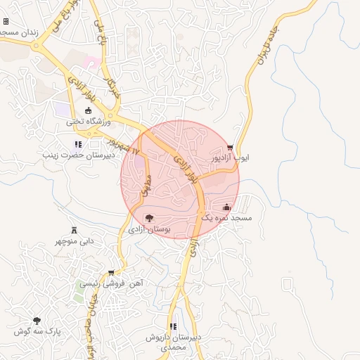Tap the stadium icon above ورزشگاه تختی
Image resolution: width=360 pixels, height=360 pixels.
coord(89,110)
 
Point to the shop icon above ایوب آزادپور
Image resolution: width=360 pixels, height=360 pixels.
coord(231,148)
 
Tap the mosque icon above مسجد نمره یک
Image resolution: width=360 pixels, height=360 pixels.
coord(226,207)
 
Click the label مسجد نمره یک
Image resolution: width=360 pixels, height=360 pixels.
coord(226,219)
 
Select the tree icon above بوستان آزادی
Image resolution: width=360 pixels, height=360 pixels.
coord(148,218)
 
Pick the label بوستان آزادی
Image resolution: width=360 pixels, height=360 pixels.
coord(148,229)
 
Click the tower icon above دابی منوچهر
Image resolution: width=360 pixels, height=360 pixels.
coord(74,231)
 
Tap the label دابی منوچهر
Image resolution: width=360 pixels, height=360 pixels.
coord(74,242)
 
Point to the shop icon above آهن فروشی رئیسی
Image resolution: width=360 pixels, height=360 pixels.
coord(111,273)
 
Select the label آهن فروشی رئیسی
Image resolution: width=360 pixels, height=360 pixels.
coord(110,283)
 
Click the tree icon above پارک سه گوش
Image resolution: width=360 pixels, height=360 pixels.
coord(37,321)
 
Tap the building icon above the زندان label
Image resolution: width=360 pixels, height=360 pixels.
coord(6,22)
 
